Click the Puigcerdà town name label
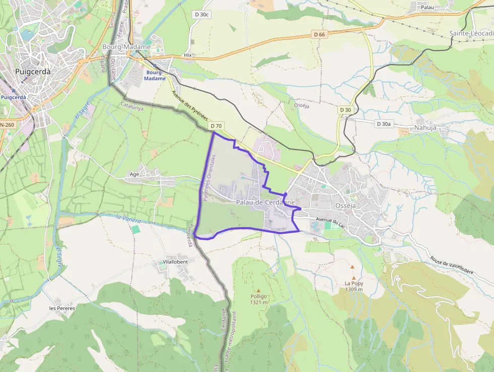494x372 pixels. (33, 72)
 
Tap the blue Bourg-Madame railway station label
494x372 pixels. (155, 75)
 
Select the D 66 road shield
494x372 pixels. (319, 34)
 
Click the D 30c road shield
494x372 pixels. (201, 15)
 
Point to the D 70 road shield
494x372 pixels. (216, 126)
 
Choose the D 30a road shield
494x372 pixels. (384, 124)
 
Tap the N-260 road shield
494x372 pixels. (7, 125)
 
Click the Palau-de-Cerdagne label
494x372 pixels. (265, 202)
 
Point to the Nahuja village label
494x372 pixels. (425, 128)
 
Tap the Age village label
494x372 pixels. (134, 174)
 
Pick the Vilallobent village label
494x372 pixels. (175, 262)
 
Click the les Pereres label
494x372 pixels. (62, 308)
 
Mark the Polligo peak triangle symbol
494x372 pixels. (258, 290)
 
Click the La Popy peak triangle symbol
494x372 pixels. (353, 277)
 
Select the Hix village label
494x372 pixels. (188, 55)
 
